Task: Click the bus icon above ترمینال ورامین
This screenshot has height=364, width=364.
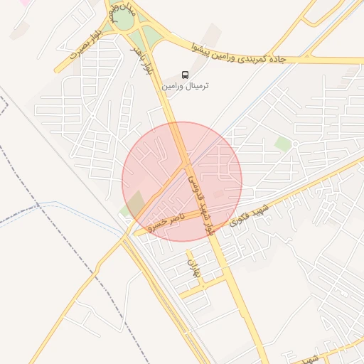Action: click(x=186, y=75)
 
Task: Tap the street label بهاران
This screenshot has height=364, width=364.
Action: click(x=193, y=269)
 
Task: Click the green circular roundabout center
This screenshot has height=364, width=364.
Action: click(x=124, y=21)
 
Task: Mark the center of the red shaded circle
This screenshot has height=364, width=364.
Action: click(x=182, y=181)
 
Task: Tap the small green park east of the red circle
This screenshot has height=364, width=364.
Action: click(x=284, y=144)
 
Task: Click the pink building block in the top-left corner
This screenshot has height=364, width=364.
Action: click(x=24, y=3)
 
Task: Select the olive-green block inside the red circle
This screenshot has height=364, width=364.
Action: click(x=135, y=202)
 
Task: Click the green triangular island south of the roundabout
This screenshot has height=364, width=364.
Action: click(x=151, y=36)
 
